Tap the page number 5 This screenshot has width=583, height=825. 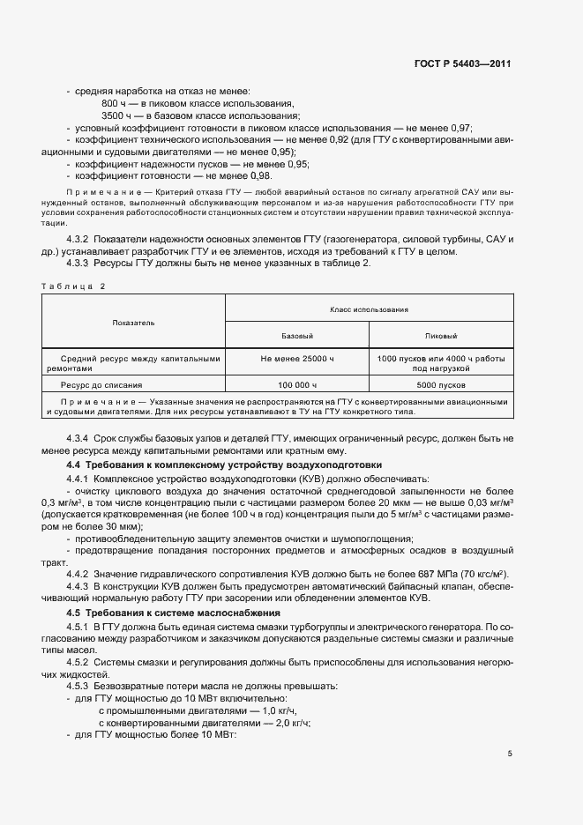pyautogui.click(x=510, y=753)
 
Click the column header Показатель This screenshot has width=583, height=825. pyautogui.click(x=133, y=323)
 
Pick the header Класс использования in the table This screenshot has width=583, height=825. pyautogui.click(x=369, y=309)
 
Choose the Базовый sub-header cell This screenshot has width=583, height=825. pyautogui.click(x=297, y=337)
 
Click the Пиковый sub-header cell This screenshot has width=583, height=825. pyautogui.click(x=441, y=337)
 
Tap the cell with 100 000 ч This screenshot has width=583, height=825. pyautogui.click(x=297, y=385)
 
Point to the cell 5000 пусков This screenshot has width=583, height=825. pyautogui.click(x=441, y=385)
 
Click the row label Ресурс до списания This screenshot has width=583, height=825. pyautogui.click(x=101, y=385)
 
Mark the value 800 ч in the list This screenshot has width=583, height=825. pyautogui.click(x=115, y=104)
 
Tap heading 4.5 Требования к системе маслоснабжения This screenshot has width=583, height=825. pyautogui.click(x=174, y=612)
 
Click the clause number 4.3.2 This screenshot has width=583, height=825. pyautogui.click(x=79, y=240)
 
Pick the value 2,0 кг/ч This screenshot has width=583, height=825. pyautogui.click(x=292, y=722)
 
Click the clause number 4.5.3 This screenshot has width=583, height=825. pyautogui.click(x=79, y=685)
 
